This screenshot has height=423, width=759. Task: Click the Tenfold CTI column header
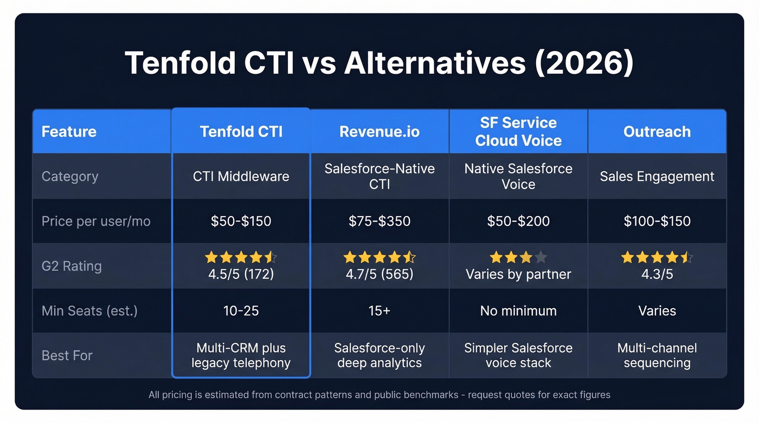click(241, 132)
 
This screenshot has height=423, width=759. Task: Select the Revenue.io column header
click(379, 132)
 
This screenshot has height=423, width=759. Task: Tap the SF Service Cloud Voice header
click(518, 132)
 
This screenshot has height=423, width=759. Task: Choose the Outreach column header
click(657, 132)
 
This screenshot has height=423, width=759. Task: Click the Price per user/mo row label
click(96, 221)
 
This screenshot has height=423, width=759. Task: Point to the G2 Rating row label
click(72, 266)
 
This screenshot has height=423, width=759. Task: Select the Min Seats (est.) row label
click(89, 311)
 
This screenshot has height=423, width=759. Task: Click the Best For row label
click(67, 355)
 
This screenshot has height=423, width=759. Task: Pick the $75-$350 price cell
click(379, 221)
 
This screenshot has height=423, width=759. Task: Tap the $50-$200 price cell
click(518, 221)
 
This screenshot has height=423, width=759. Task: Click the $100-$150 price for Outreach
click(657, 221)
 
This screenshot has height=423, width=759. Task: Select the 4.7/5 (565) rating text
click(379, 274)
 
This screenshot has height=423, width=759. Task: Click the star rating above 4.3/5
click(657, 257)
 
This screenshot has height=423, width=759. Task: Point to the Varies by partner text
click(518, 274)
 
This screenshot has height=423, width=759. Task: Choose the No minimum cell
click(518, 311)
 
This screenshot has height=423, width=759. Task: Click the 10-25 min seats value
click(241, 311)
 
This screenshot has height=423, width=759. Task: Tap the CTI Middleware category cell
click(241, 176)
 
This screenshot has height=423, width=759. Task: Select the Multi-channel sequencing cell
click(657, 355)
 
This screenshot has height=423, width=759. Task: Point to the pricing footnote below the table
click(379, 395)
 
